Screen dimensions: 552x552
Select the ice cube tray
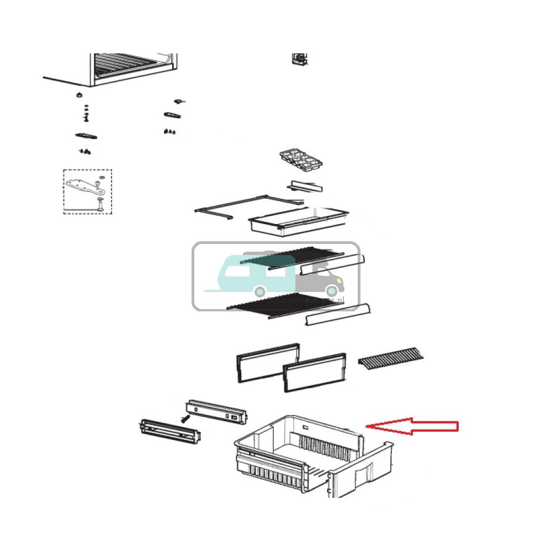(x=300, y=162)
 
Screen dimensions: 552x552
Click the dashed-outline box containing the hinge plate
(x=87, y=191)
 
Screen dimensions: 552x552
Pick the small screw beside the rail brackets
(x=183, y=420)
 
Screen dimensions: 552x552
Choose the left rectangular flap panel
(x=267, y=362)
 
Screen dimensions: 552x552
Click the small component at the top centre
(x=299, y=59)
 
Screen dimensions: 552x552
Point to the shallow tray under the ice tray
(x=298, y=219)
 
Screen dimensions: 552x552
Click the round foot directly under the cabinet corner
(x=78, y=94)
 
